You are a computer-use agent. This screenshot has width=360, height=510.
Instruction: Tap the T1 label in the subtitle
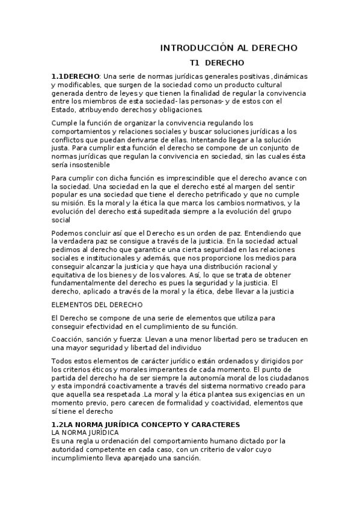pyautogui.click(x=194, y=63)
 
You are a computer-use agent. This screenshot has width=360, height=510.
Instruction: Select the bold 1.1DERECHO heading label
pyautogui.click(x=76, y=77)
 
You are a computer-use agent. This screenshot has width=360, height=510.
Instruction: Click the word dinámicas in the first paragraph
pyautogui.click(x=290, y=77)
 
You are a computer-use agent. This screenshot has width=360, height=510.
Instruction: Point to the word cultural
pyautogui.click(x=289, y=85)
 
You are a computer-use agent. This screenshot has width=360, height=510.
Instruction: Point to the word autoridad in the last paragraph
pyautogui.click(x=70, y=449)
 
